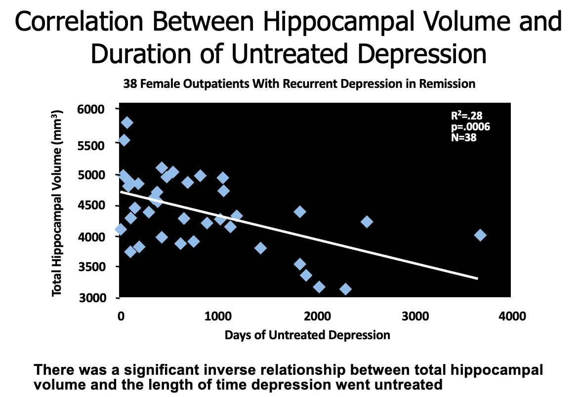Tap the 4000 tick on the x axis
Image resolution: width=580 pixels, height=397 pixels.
coord(512,317)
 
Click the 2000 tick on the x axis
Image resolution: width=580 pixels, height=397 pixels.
coord(316,317)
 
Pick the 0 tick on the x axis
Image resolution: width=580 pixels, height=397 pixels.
coord(121,317)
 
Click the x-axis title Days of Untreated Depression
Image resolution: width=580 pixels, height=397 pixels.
coord(307,335)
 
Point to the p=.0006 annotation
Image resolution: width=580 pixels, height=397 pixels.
coord(470,127)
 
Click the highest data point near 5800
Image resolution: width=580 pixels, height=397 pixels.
coord(127,122)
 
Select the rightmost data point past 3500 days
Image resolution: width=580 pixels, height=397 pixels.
coord(480,235)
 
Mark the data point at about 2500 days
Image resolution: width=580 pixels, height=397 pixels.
coord(367,222)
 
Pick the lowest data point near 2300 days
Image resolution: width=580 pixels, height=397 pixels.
coord(345,289)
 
